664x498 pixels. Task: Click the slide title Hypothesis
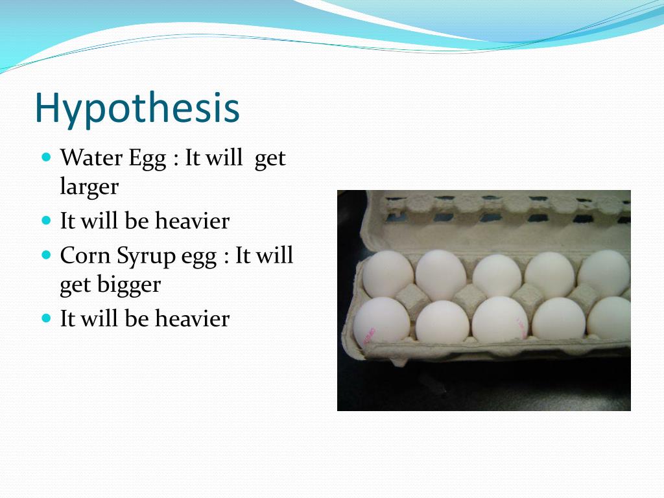137,108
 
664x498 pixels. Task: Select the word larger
89,188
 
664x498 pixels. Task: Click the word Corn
84,255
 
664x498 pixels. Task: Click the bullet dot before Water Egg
46,157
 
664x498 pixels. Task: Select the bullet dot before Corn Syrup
46,255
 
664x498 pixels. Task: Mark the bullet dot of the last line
46,318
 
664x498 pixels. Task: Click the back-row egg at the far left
387,274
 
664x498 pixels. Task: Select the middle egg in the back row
496,276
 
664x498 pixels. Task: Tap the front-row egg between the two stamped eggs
442,322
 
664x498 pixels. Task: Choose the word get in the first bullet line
270,159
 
